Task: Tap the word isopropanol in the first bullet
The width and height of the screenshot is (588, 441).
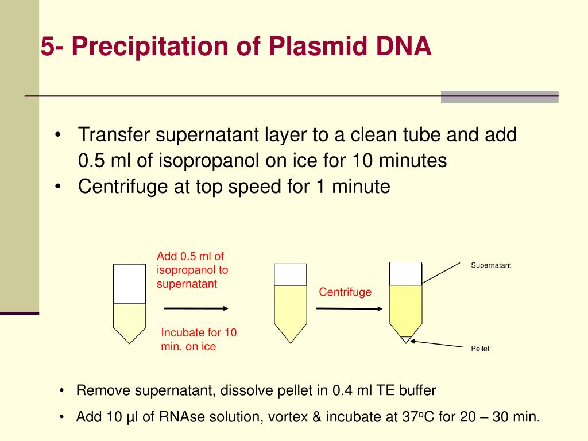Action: click(x=199, y=161)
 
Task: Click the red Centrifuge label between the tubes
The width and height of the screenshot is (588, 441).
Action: click(x=345, y=292)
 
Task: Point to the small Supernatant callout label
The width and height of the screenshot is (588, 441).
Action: click(x=491, y=265)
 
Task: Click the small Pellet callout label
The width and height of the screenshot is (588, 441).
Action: click(x=480, y=349)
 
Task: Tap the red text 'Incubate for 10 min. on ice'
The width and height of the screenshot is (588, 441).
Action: click(x=199, y=339)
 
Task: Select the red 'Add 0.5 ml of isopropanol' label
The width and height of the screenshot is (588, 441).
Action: click(x=192, y=270)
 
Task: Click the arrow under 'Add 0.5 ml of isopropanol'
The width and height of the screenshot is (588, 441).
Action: click(x=196, y=308)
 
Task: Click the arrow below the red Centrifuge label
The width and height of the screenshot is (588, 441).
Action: click(x=349, y=308)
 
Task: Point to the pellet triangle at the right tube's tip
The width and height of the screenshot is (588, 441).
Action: click(x=406, y=339)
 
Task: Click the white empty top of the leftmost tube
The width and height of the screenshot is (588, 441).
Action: click(x=129, y=284)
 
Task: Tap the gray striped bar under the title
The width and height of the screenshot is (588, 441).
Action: click(x=499, y=96)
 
